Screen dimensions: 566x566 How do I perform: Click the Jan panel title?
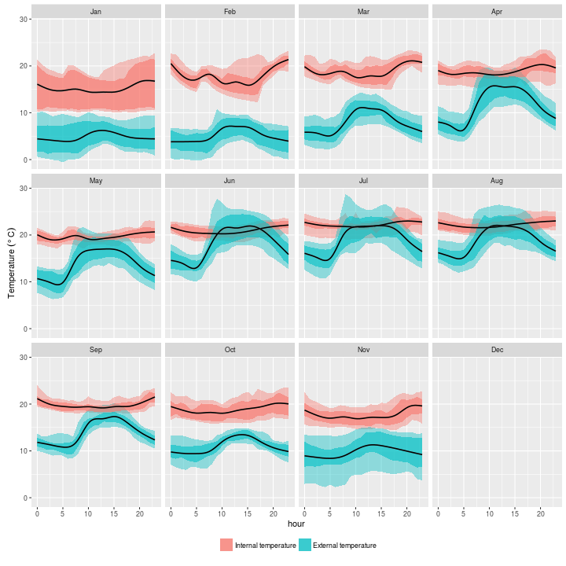(x=96, y=12)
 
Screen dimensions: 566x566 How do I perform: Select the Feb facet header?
(x=230, y=12)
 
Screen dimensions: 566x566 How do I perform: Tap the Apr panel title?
(x=497, y=12)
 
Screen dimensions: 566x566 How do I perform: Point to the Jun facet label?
(x=230, y=181)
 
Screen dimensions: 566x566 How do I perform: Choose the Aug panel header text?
(x=497, y=181)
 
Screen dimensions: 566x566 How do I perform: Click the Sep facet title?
(x=96, y=350)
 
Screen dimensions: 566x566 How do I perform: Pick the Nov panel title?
(x=363, y=350)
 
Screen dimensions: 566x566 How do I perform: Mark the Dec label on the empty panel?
(x=497, y=350)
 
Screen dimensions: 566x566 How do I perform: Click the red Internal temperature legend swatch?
(x=226, y=545)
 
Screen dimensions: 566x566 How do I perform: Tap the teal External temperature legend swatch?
(x=304, y=545)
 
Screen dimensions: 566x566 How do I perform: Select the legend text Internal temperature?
(x=266, y=546)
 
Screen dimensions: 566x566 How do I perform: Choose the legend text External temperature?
(x=344, y=546)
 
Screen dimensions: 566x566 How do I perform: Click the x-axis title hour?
(x=296, y=524)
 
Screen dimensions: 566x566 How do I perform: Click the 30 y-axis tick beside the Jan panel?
(x=24, y=19)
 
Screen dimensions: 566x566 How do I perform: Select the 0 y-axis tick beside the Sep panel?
(x=27, y=498)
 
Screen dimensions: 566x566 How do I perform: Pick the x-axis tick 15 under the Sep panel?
(x=114, y=513)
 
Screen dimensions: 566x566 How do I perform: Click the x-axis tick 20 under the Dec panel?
(x=541, y=513)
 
